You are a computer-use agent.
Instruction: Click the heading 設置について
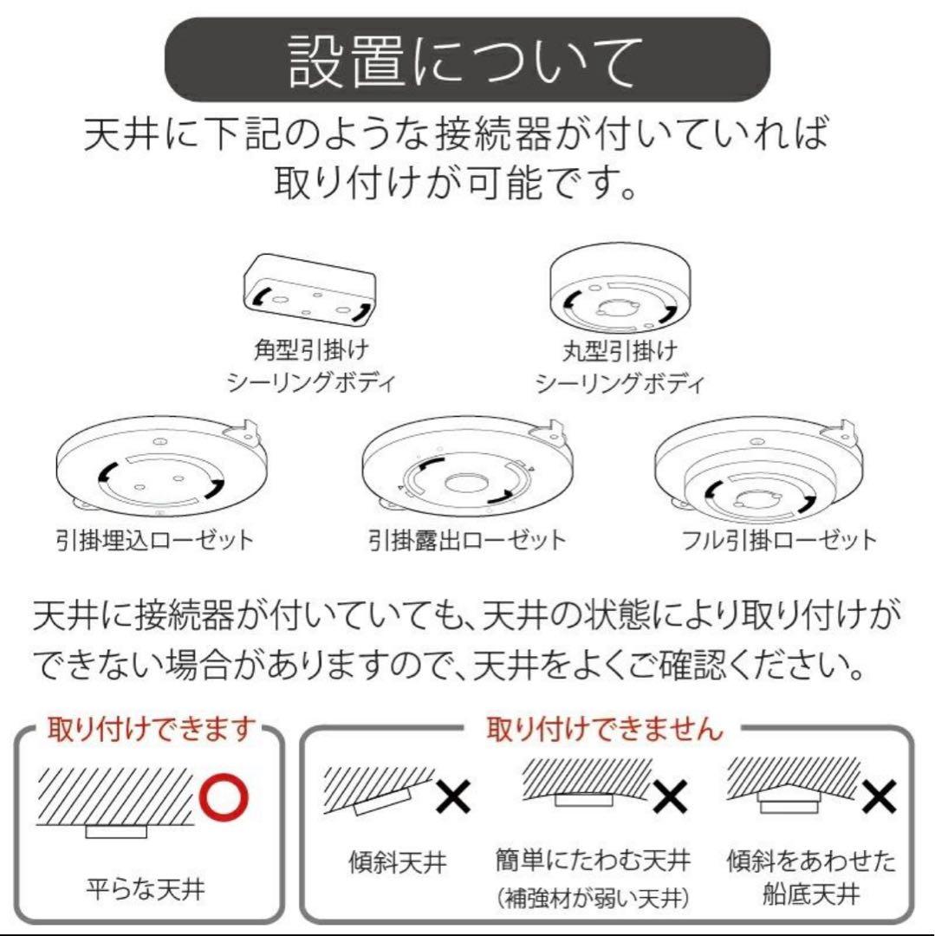(x=467, y=61)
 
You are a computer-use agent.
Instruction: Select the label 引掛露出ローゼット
(x=467, y=541)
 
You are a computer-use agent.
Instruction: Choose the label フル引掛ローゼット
(x=778, y=541)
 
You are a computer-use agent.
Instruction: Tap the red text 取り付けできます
(x=153, y=729)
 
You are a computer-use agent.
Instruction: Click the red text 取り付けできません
(x=604, y=729)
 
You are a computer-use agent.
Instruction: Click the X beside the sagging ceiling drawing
(x=668, y=796)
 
